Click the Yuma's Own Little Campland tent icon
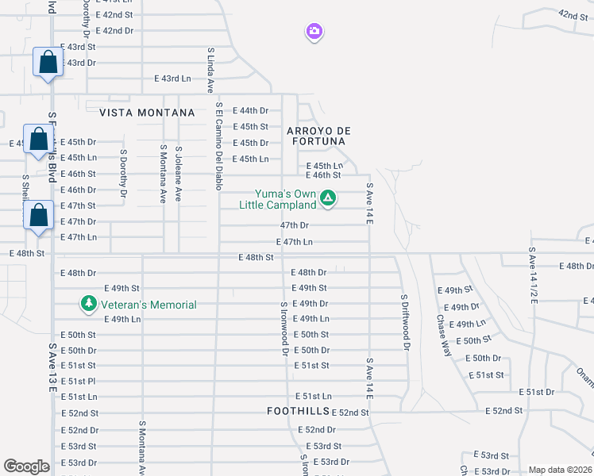tap(327, 198)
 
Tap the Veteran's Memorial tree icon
tap(89, 304)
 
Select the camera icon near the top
tap(314, 32)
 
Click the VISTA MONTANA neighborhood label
tap(147, 113)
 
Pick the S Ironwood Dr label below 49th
tap(283, 328)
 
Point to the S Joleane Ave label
tap(179, 172)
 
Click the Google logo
tap(26, 466)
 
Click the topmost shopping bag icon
tap(48, 62)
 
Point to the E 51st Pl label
tap(79, 382)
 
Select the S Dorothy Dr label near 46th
tap(124, 173)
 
